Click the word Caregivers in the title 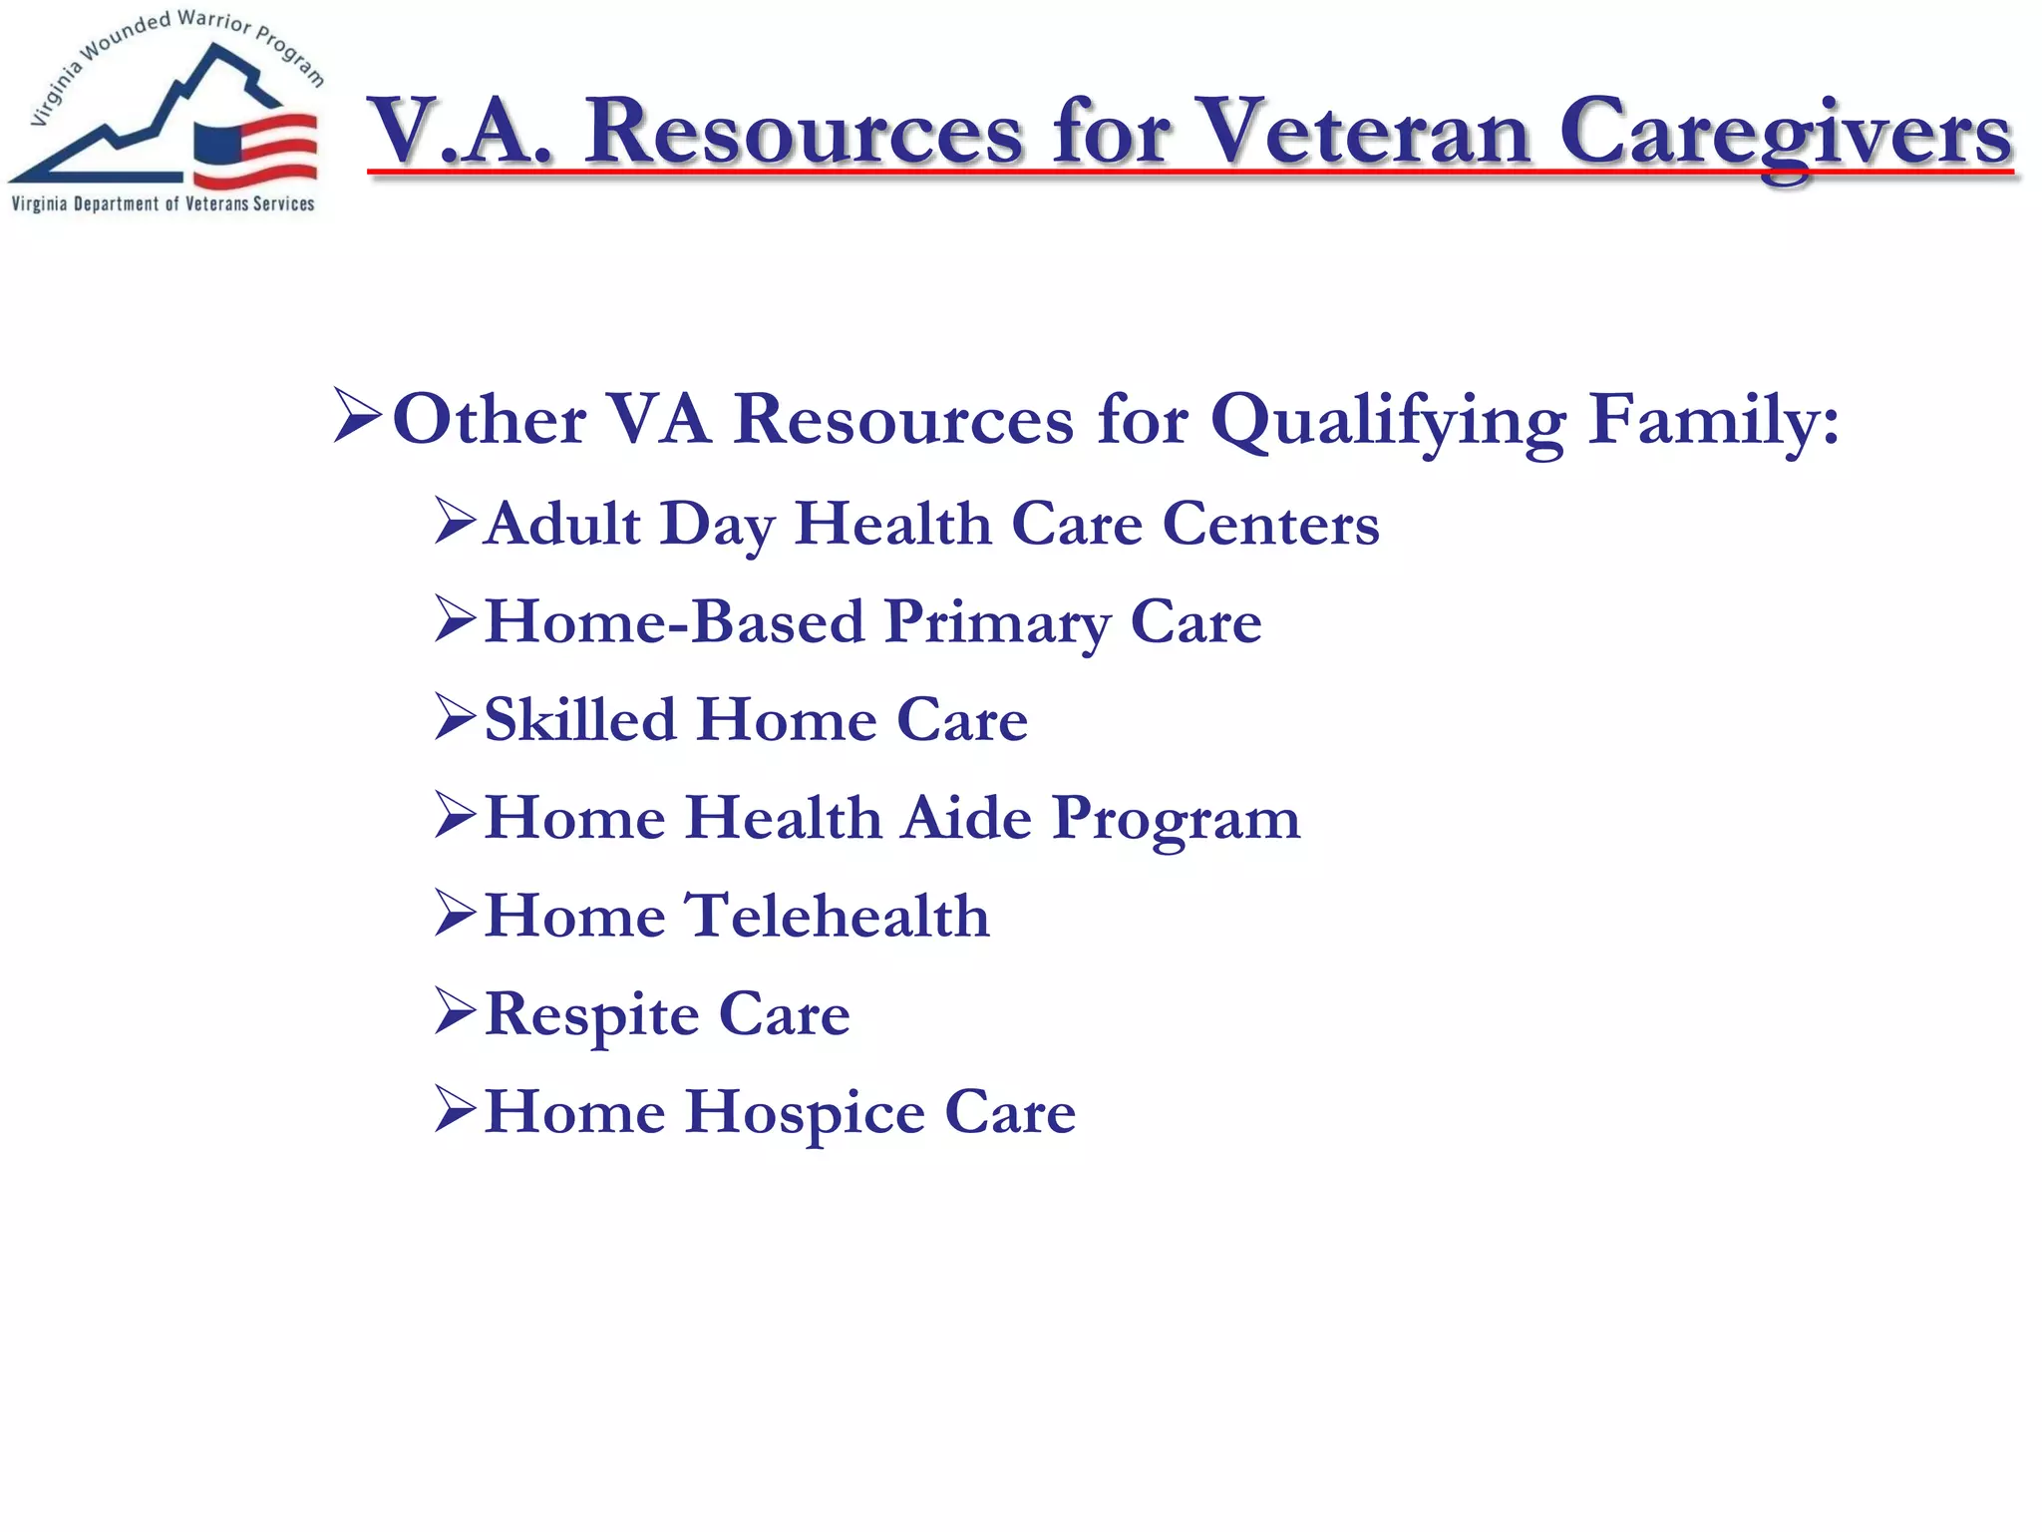[x=1785, y=135]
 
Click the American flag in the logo [x=256, y=150]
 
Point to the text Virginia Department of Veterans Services [x=163, y=204]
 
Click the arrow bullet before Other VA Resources [x=357, y=417]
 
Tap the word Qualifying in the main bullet [x=1388, y=421]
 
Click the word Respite [x=591, y=1015]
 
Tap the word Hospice [x=805, y=1113]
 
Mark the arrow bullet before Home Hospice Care [x=455, y=1109]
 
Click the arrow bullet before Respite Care [x=455, y=1011]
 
